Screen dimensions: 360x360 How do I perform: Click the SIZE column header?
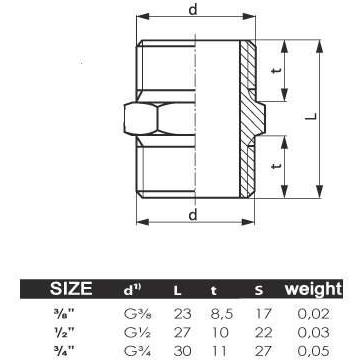point(71,288)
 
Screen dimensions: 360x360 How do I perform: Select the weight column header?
point(313,289)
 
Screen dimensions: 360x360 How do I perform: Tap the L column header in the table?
point(177,291)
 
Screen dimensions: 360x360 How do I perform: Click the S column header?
point(259,291)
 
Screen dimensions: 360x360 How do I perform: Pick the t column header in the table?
point(213,291)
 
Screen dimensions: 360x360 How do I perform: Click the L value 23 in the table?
point(182,314)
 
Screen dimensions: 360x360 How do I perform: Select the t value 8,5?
point(221,314)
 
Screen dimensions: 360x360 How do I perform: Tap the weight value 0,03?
point(313,333)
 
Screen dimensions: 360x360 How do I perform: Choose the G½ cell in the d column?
point(138,333)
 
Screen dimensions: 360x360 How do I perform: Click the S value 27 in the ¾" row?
point(263,351)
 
